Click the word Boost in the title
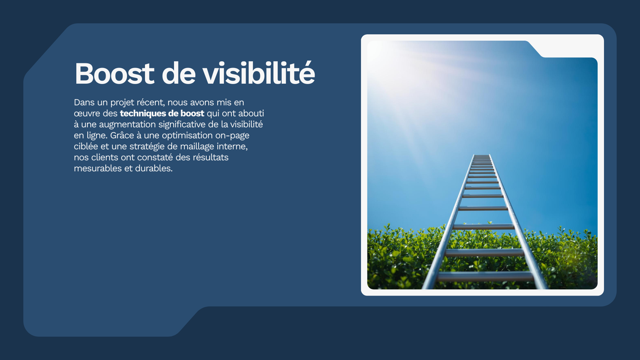pyautogui.click(x=114, y=73)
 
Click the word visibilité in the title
pyautogui.click(x=259, y=73)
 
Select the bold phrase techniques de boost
pyautogui.click(x=162, y=113)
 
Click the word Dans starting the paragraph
pyautogui.click(x=84, y=102)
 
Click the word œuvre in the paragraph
pyautogui.click(x=87, y=114)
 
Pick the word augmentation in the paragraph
pyautogui.click(x=127, y=125)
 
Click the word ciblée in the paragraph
pyautogui.click(x=86, y=146)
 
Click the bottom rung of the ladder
pyautogui.click(x=485, y=276)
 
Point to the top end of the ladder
pyautogui.click(x=482, y=155)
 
